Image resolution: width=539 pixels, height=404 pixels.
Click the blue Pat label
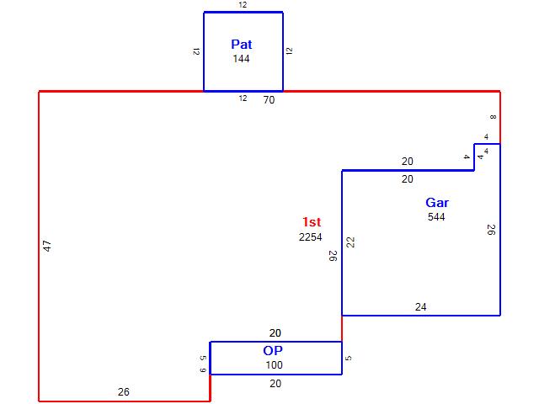(242, 45)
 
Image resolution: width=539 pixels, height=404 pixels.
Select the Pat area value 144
(241, 59)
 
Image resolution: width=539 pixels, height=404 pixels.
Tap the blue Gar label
(437, 203)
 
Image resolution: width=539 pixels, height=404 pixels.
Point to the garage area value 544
(436, 217)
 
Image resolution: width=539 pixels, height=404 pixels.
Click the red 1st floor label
(312, 222)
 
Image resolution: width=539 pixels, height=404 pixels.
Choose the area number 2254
(311, 237)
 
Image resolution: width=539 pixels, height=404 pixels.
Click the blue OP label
(273, 351)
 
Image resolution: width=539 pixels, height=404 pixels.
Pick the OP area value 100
(274, 365)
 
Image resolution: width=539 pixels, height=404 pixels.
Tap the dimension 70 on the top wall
(269, 100)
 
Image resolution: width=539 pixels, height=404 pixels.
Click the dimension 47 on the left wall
(47, 246)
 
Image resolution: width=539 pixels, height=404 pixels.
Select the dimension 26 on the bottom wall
(124, 392)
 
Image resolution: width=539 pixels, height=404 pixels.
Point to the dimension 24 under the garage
(421, 306)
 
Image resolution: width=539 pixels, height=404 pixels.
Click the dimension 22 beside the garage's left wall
(350, 242)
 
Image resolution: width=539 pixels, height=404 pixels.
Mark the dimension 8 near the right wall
(493, 117)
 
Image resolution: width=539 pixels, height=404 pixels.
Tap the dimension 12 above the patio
(243, 5)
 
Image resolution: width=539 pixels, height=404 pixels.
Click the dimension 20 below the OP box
(275, 384)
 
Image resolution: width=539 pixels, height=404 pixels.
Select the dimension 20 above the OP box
(275, 333)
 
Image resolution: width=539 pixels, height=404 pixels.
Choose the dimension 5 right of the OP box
(348, 359)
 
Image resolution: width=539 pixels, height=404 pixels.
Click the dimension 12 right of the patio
(290, 51)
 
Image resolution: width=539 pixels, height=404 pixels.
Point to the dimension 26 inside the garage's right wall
(491, 230)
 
